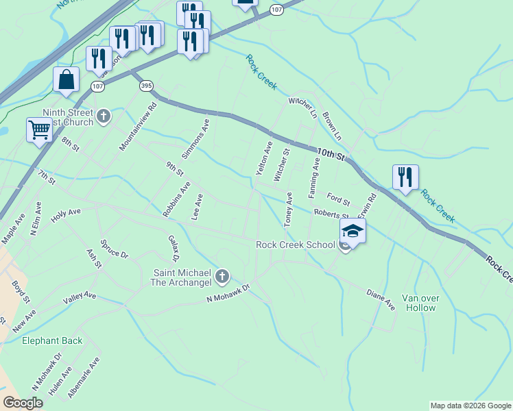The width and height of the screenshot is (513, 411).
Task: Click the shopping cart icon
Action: click(39, 129)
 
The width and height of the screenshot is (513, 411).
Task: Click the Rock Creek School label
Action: click(296, 245)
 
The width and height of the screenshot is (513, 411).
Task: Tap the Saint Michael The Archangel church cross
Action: click(222, 276)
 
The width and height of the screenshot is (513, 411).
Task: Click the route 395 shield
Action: click(145, 86)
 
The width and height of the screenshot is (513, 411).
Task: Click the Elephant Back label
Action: click(52, 340)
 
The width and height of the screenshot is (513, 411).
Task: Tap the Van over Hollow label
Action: click(420, 303)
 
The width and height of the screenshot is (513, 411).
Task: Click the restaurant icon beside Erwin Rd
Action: click(405, 177)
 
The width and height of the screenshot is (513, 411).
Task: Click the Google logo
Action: click(23, 403)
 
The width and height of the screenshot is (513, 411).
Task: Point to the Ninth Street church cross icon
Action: click(104, 116)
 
